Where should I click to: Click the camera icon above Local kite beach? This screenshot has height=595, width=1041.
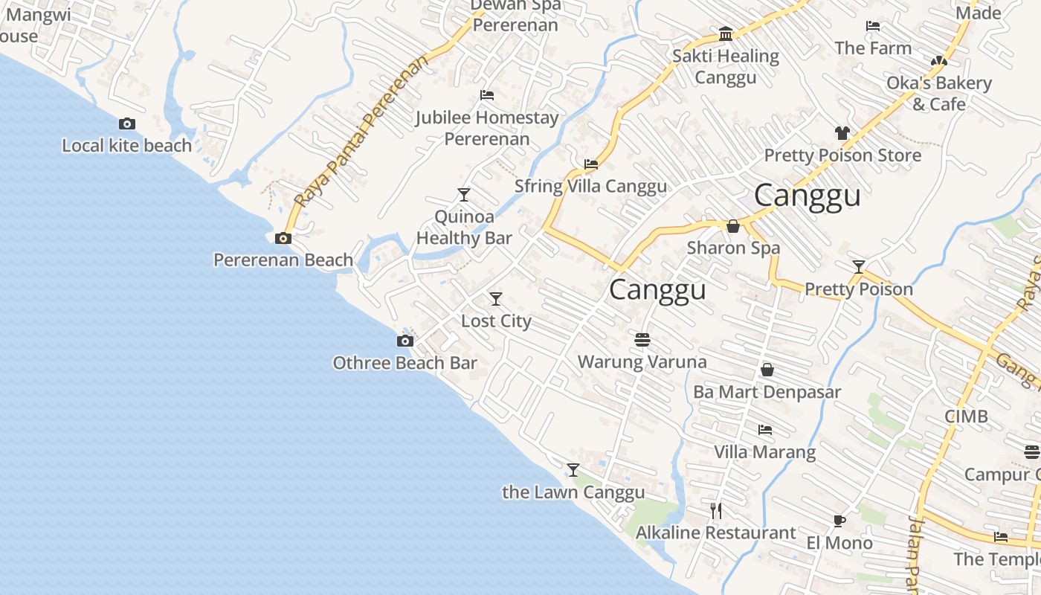pyautogui.click(x=127, y=124)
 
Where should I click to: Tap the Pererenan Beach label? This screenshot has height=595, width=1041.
pyautogui.click(x=283, y=260)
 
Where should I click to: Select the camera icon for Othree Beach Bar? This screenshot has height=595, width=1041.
pyautogui.click(x=405, y=341)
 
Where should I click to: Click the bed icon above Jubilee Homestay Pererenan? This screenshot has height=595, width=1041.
pyautogui.click(x=487, y=95)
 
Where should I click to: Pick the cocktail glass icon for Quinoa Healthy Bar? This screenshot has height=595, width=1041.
pyautogui.click(x=464, y=195)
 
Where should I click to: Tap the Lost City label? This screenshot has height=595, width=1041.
pyautogui.click(x=496, y=321)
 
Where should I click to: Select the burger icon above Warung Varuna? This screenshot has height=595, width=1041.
pyautogui.click(x=642, y=340)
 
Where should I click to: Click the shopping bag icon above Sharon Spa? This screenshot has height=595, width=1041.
pyautogui.click(x=733, y=226)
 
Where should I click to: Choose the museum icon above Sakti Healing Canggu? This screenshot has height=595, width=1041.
pyautogui.click(x=726, y=34)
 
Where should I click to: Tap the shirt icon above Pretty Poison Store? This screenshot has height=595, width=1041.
pyautogui.click(x=842, y=133)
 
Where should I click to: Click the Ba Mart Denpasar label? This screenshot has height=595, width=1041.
pyautogui.click(x=767, y=392)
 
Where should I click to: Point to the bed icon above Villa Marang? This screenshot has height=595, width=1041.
pyautogui.click(x=764, y=430)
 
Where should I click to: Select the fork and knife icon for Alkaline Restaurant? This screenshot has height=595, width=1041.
pyautogui.click(x=716, y=510)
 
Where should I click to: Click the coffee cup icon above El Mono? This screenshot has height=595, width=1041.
pyautogui.click(x=839, y=521)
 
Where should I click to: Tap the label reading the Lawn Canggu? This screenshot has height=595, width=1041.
pyautogui.click(x=573, y=492)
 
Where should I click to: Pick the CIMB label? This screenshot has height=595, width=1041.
pyautogui.click(x=966, y=416)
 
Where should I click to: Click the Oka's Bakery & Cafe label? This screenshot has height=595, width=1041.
pyautogui.click(x=938, y=94)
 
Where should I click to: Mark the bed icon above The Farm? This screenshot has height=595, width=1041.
pyautogui.click(x=873, y=26)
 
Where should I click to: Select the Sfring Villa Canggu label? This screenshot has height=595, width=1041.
pyautogui.click(x=590, y=186)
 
